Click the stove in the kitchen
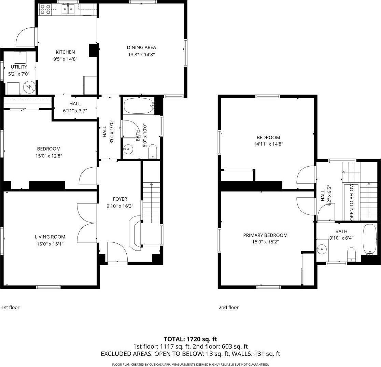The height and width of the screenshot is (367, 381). pyautogui.click(x=45, y=9)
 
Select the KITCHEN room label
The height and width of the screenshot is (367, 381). pyautogui.click(x=65, y=52)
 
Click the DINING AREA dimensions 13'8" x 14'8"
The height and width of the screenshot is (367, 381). pyautogui.click(x=141, y=54)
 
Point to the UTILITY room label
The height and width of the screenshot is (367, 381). pyautogui.click(x=19, y=67)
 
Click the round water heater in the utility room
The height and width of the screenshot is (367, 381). pyautogui.click(x=30, y=87)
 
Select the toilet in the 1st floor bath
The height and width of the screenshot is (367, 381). pyautogui.click(x=153, y=151)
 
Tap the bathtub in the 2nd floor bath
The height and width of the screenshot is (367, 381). pyautogui.click(x=369, y=239)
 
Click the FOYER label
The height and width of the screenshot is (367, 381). pyautogui.click(x=120, y=199)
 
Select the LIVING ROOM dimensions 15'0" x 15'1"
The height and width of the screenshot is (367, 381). pyautogui.click(x=50, y=244)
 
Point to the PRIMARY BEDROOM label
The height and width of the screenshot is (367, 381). pyautogui.click(x=265, y=235)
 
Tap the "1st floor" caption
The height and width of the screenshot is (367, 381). pyautogui.click(x=11, y=307)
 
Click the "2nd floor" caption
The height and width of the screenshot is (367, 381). pyautogui.click(x=228, y=307)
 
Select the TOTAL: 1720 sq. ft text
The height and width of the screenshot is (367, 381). pyautogui.click(x=190, y=339)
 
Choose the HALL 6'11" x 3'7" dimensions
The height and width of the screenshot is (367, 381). pyautogui.click(x=75, y=111)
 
